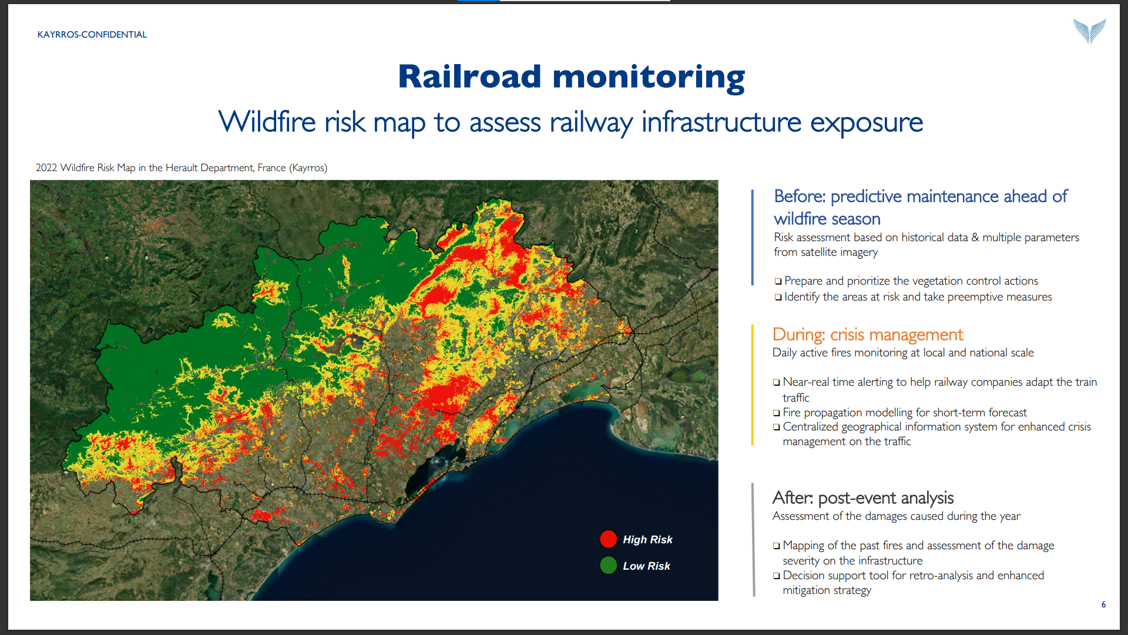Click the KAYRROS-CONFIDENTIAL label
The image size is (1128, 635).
click(x=92, y=35)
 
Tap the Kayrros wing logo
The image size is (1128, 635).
click(x=1089, y=31)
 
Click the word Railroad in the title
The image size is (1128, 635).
click(x=469, y=77)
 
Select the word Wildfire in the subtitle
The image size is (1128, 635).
click(x=267, y=122)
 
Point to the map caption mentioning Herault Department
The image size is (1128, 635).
click(x=182, y=168)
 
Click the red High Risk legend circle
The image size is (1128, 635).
click(x=609, y=539)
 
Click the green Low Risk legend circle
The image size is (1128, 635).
click(x=609, y=565)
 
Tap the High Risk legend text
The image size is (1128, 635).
click(x=647, y=539)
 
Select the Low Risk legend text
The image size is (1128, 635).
click(x=646, y=566)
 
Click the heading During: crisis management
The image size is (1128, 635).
click(x=868, y=335)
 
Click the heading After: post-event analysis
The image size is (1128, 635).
click(x=863, y=498)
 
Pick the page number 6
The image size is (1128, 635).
click(x=1104, y=604)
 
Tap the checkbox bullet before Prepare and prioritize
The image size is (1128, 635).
click(x=778, y=282)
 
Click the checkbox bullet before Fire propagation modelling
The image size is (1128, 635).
click(x=777, y=413)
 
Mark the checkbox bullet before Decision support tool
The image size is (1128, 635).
click(x=777, y=576)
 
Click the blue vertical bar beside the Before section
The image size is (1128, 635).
click(x=753, y=238)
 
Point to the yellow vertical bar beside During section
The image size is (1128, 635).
click(x=753, y=385)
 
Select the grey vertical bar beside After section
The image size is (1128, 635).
click(x=753, y=540)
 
